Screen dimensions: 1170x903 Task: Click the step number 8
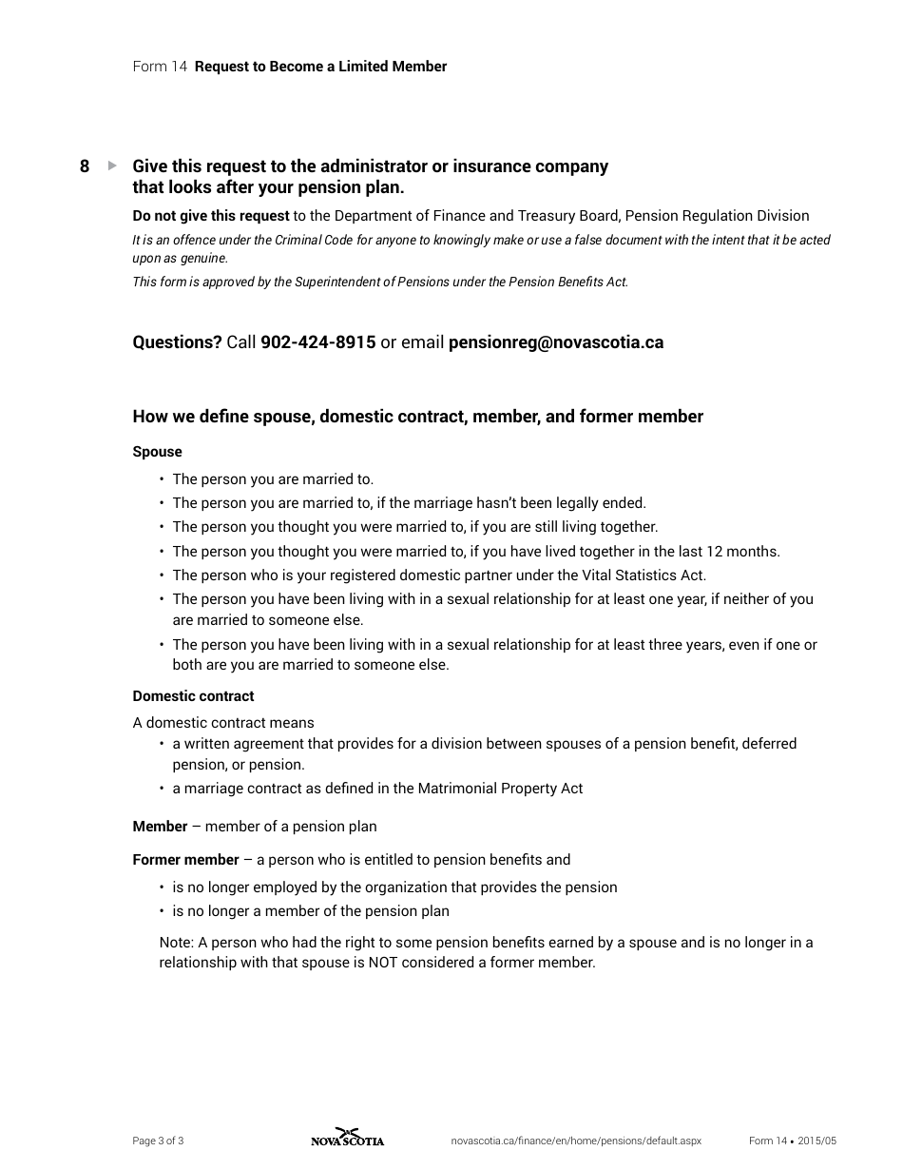tap(85, 166)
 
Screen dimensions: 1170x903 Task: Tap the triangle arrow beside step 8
tap(112, 166)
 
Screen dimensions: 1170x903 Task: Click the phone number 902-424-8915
tap(317, 342)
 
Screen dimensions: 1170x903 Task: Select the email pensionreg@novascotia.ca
tap(555, 342)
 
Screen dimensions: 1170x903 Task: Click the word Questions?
tap(177, 342)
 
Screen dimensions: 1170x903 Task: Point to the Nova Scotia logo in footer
tap(347, 1138)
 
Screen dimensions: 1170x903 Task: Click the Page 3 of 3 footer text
tap(158, 1141)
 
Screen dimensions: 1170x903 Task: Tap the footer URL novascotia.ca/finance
tap(575, 1141)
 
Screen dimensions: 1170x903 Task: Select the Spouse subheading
tap(157, 452)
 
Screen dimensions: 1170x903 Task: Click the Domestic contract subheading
tap(193, 696)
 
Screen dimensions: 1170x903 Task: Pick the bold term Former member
tap(185, 860)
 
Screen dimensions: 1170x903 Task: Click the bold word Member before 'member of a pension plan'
tap(160, 827)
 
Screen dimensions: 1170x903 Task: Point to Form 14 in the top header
tap(160, 67)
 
